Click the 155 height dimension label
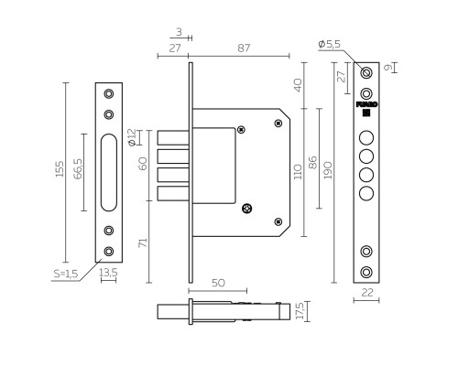(60, 169)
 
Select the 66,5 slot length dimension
(78, 168)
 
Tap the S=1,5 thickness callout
(66, 274)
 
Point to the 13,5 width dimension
(108, 273)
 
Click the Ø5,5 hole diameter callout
(329, 44)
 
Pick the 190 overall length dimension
(328, 170)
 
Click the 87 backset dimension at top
(244, 48)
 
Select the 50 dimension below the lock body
(218, 283)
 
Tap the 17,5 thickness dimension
(300, 311)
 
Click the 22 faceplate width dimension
(367, 293)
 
